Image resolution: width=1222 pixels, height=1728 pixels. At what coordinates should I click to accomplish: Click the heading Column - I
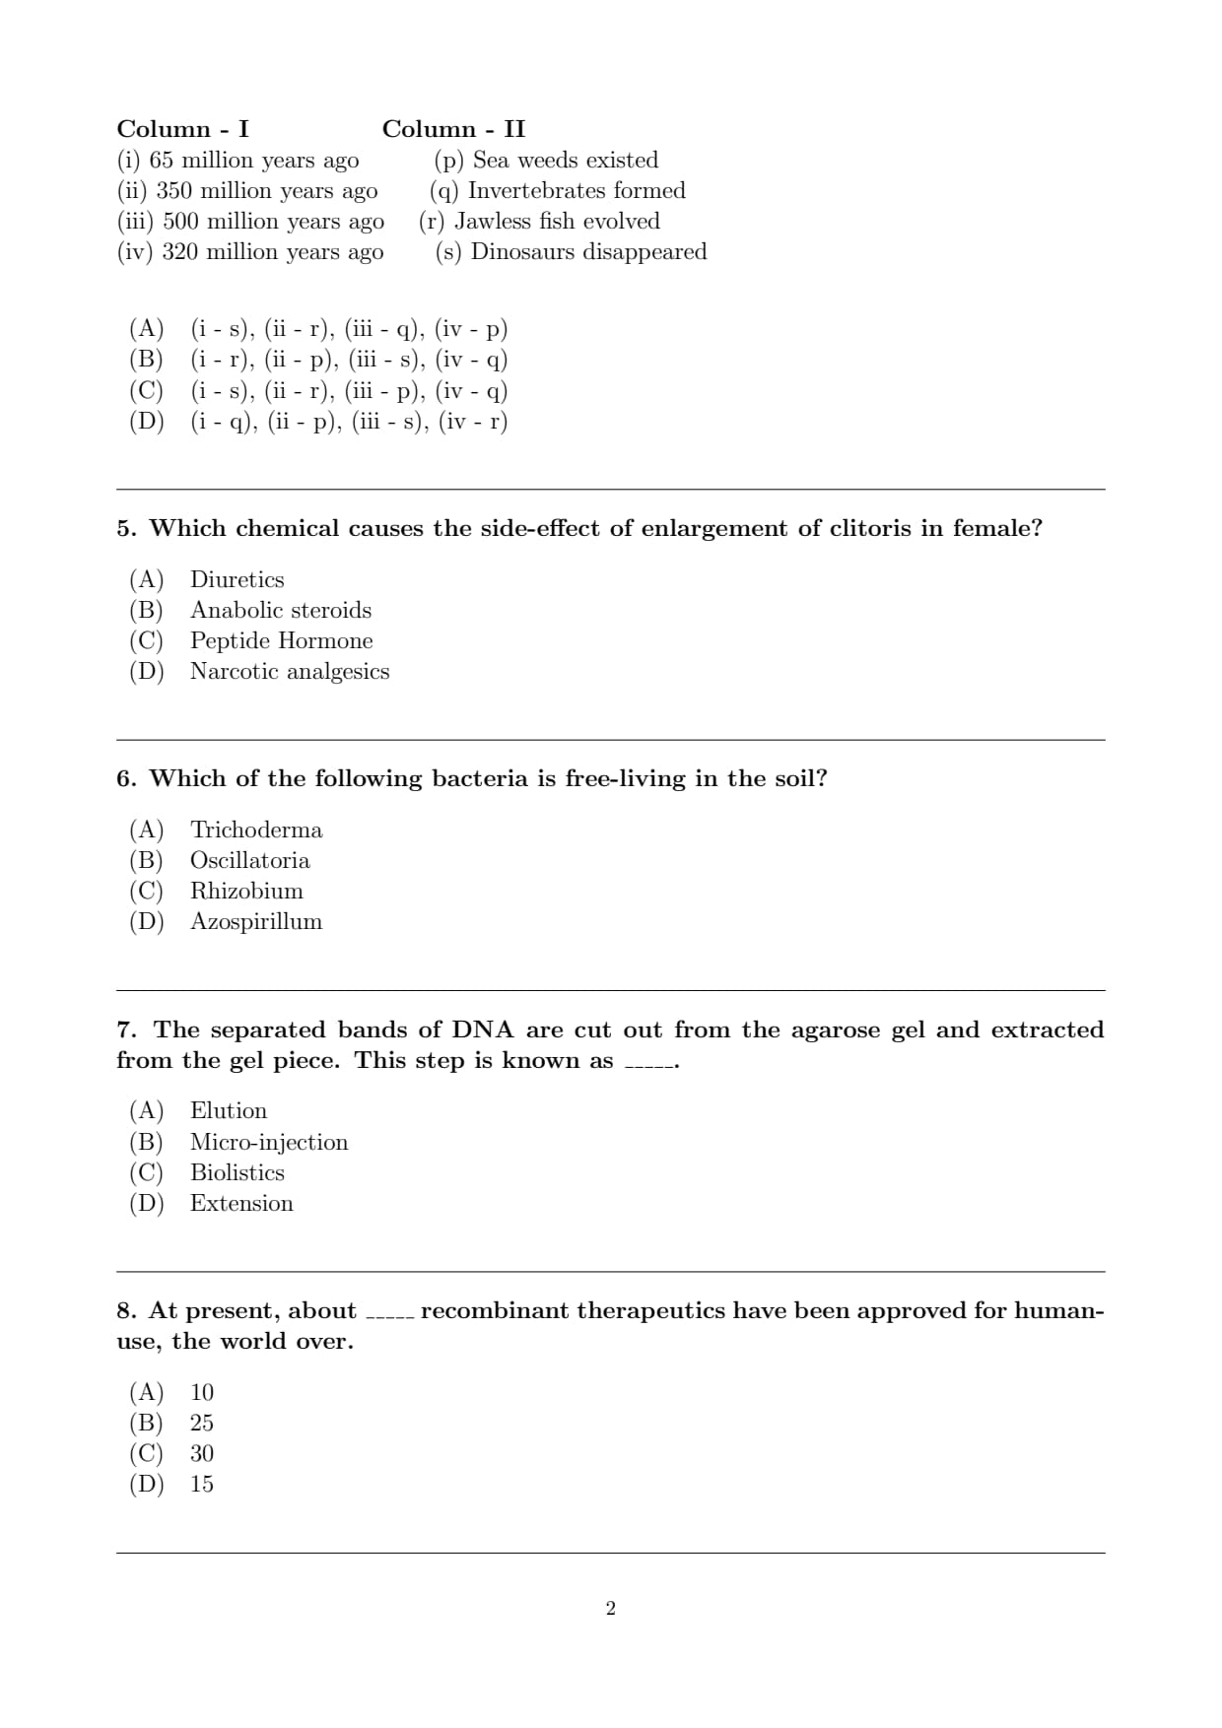(182, 129)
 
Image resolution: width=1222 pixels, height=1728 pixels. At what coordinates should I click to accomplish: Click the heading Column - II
(453, 129)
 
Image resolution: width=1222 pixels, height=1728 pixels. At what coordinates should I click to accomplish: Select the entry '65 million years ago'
(253, 160)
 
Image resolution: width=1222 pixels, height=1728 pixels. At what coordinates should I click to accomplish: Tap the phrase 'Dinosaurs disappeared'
(588, 251)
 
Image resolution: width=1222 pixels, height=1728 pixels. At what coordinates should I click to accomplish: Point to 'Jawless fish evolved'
(557, 221)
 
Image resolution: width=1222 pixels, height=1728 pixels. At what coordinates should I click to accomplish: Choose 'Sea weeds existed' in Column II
(565, 160)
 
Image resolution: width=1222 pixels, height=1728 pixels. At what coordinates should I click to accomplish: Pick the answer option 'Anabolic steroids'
(281, 610)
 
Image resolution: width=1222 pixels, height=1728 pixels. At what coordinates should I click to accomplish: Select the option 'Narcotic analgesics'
(290, 671)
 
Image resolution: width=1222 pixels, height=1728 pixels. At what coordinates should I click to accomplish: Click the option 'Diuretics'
(237, 579)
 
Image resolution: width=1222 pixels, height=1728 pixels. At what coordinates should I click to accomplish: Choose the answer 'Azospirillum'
(256, 921)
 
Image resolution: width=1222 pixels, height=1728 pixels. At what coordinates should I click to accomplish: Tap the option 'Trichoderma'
(256, 830)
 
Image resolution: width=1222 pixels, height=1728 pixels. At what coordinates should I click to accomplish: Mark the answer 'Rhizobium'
(246, 891)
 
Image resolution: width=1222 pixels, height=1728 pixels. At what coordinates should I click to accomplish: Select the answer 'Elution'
(229, 1110)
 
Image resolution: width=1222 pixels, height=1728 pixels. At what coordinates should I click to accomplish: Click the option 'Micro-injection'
(269, 1142)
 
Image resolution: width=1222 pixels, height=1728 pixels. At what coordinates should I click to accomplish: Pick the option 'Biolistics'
(237, 1172)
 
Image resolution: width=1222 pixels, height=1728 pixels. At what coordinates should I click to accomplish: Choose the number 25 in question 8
(202, 1423)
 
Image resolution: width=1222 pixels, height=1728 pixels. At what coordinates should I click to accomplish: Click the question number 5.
(125, 529)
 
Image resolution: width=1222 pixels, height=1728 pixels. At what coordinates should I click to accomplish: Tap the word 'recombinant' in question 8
(495, 1311)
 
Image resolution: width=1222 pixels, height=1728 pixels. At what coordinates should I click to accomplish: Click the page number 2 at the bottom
(611, 1609)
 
